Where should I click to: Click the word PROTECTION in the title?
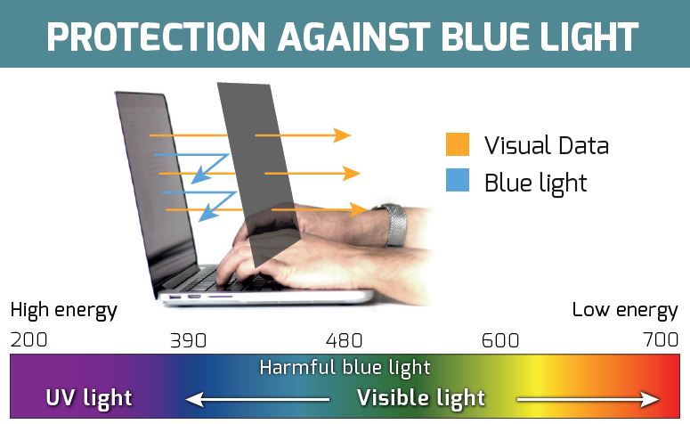tap(156, 37)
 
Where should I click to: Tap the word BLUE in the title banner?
tap(486, 37)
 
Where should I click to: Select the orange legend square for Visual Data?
tap(458, 144)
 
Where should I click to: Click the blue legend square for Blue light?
tap(458, 180)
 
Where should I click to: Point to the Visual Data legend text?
tap(547, 145)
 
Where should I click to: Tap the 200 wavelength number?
tap(29, 339)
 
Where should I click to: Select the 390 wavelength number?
tap(189, 340)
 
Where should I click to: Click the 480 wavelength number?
tap(345, 340)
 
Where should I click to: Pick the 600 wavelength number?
tap(500, 340)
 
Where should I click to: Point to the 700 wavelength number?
tap(661, 339)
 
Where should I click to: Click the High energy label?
tap(64, 311)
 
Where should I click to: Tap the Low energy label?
tap(625, 311)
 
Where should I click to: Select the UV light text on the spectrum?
tap(89, 398)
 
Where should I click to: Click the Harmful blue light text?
tap(345, 368)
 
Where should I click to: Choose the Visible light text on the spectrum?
tap(421, 398)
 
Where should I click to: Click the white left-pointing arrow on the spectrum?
tap(257, 399)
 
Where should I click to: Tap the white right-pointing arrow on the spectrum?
tap(588, 399)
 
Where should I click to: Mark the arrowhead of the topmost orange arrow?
tap(342, 135)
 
